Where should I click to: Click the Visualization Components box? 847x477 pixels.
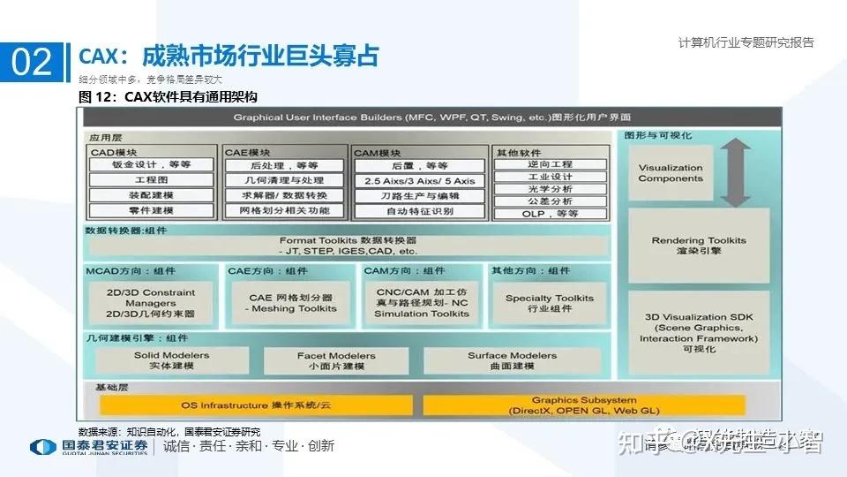coord(671,173)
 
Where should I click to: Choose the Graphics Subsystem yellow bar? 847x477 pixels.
coord(584,405)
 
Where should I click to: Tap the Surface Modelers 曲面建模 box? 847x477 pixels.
coord(512,360)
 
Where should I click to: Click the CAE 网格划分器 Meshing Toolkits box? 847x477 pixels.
coord(291,303)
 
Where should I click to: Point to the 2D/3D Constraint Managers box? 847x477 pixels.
coord(150,303)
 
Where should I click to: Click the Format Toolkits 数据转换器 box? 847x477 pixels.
coord(348,246)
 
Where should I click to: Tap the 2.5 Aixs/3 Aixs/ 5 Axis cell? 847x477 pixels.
coord(419,181)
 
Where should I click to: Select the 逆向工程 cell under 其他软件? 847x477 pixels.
coord(550,164)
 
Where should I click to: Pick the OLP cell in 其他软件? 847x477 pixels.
coord(550,214)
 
